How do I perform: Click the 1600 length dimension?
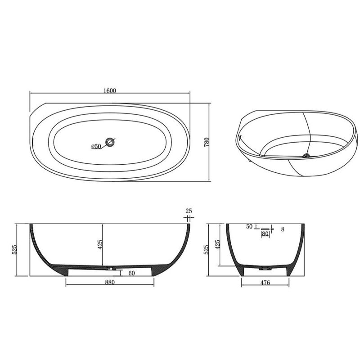click(110, 90)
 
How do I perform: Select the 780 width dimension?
click(207, 142)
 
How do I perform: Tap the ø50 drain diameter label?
click(96, 146)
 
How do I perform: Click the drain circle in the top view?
click(110, 142)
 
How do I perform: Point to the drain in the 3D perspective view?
click(306, 155)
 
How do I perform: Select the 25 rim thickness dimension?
click(189, 211)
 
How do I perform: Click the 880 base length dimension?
click(110, 282)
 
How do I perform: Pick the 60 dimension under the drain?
click(131, 273)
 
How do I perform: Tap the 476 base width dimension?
click(265, 283)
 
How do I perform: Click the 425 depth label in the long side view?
click(100, 244)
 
